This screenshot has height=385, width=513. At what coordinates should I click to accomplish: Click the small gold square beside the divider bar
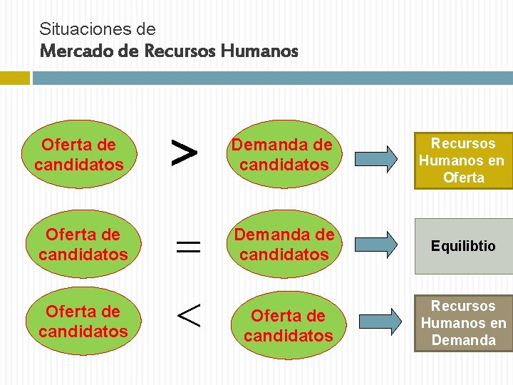coord(14,77)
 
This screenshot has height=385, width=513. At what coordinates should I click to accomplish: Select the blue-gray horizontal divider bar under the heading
coord(271,77)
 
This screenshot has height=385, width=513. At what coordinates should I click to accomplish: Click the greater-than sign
coord(185,153)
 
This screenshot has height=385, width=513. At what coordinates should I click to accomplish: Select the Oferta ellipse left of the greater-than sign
coord(78,155)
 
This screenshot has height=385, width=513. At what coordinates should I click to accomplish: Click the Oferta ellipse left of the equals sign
coord(83,244)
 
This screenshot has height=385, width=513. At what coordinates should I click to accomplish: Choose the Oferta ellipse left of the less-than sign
coord(83,322)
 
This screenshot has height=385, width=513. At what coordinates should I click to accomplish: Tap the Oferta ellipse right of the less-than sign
coord(288,325)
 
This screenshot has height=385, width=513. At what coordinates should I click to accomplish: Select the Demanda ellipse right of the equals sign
coord(285,244)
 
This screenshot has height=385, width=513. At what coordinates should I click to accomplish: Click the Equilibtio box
coord(463,246)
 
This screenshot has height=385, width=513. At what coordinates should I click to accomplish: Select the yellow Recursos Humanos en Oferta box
coord(463,160)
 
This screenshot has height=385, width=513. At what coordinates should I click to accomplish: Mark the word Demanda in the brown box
coord(463,340)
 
